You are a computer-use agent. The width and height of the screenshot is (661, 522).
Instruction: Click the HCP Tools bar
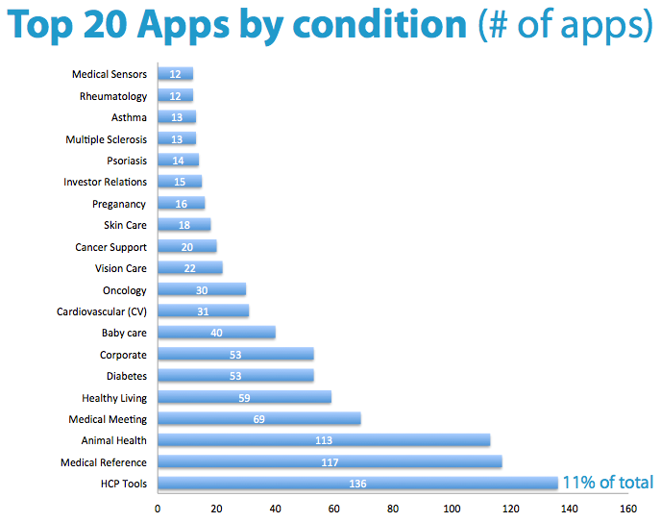356,484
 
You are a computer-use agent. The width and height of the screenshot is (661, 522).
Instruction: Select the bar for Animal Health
324,440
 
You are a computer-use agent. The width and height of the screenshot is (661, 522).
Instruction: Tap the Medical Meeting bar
258,419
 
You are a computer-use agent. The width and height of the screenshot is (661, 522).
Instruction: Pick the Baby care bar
216,333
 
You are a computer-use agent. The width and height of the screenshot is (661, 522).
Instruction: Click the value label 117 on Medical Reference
330,462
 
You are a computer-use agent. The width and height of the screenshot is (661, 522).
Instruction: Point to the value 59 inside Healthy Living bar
244,398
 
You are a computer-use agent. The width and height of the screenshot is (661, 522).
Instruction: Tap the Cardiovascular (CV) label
102,311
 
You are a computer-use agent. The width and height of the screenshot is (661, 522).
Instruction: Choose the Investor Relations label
106,182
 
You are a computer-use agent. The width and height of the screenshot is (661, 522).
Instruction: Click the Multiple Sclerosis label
107,139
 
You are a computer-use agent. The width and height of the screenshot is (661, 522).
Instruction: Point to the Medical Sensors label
110,74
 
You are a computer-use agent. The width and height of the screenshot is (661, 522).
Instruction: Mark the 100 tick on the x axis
452,508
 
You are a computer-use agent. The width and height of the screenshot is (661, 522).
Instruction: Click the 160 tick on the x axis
628,508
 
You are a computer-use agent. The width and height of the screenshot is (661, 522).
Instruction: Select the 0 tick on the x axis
158,508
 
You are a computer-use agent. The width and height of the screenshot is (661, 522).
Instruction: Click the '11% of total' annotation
607,483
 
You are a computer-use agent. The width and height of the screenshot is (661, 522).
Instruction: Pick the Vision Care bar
189,268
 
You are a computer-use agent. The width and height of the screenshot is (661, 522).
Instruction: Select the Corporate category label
123,355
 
